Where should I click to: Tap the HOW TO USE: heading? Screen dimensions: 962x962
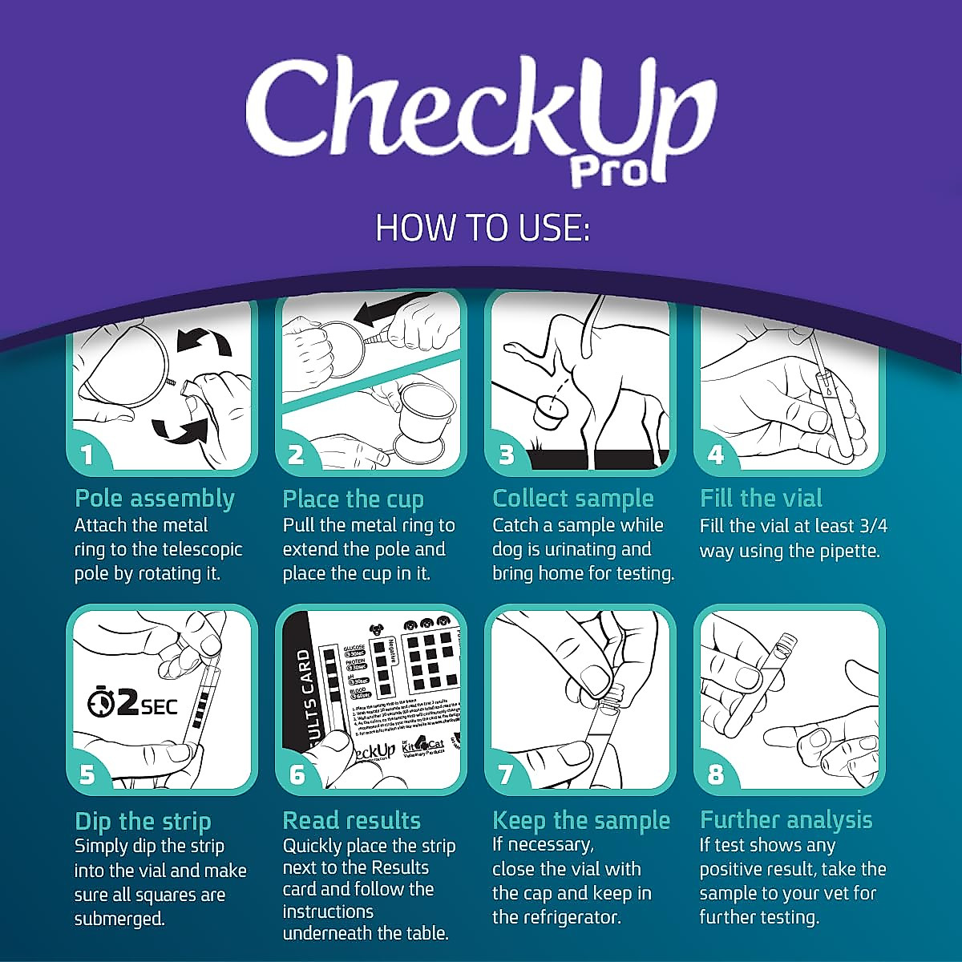[x=482, y=228]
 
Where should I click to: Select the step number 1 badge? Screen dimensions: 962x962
[x=87, y=455]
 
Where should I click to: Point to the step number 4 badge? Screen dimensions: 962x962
[x=715, y=455]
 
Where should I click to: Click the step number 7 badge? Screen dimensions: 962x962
[x=506, y=775]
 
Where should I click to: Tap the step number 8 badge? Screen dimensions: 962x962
[x=715, y=775]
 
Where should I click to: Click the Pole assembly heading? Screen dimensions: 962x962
[x=155, y=499]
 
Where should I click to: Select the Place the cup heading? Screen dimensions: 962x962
[x=353, y=499]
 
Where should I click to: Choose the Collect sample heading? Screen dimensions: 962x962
[x=573, y=499]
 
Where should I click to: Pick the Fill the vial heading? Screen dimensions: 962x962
[x=761, y=499]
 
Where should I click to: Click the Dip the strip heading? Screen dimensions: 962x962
[x=143, y=822]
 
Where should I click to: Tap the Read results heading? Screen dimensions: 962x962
[x=351, y=821]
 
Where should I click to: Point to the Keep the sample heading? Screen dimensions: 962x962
[x=581, y=821]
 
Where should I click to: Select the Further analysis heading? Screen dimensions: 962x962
[x=786, y=820]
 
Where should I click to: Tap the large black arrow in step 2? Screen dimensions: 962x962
[x=393, y=309]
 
